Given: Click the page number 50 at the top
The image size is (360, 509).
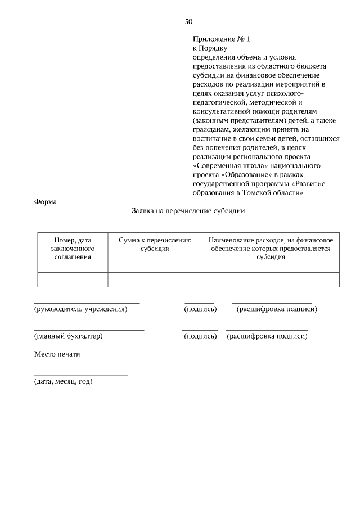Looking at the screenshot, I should (x=188, y=22).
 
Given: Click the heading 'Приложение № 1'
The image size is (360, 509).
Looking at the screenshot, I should (x=220, y=39).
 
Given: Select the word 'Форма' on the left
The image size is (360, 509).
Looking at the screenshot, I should (x=46, y=202).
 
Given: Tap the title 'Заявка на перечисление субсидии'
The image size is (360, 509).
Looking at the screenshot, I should (x=188, y=211).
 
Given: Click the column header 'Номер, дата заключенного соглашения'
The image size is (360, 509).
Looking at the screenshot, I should (x=73, y=248).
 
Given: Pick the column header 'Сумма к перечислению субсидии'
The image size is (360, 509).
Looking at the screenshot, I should (x=155, y=244).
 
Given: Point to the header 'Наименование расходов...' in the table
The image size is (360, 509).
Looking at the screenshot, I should (x=270, y=248).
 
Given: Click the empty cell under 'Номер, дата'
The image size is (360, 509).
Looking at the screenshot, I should (x=73, y=280).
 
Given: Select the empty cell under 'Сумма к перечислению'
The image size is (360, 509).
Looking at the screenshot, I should (x=155, y=280).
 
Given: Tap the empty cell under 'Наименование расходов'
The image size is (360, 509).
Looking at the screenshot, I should (x=270, y=280).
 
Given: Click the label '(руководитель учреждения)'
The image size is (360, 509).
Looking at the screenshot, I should (x=80, y=309).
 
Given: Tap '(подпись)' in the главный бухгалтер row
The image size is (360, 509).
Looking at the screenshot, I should (x=200, y=336).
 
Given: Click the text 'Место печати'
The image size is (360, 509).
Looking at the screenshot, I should (x=57, y=354).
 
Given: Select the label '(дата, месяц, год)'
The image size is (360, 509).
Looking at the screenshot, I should (x=63, y=381).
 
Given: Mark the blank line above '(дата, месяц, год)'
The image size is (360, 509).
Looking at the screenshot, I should (x=81, y=375).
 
